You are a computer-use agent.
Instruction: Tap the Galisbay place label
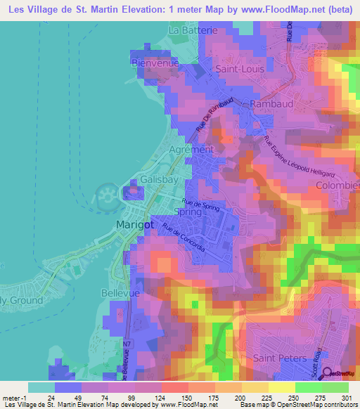(x=156, y=180)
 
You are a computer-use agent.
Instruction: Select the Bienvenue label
(x=155, y=63)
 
